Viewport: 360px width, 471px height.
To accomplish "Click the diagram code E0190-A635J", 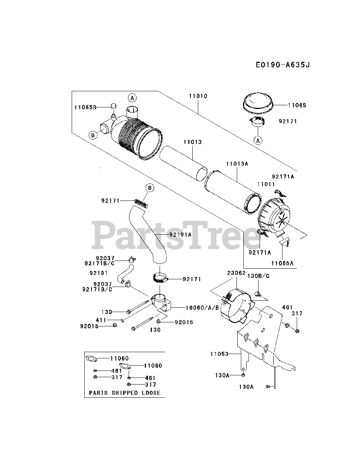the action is (x=283, y=65).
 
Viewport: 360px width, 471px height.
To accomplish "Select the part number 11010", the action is (x=198, y=96).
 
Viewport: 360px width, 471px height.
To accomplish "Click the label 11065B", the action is (x=85, y=107).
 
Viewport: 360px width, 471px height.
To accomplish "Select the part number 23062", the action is (x=236, y=273).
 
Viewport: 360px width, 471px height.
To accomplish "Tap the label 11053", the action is (x=219, y=354).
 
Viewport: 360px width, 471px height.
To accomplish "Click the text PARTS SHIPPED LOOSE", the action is (x=125, y=393).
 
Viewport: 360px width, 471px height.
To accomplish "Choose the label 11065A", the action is (x=282, y=263).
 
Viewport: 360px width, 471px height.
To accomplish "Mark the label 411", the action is (x=101, y=321).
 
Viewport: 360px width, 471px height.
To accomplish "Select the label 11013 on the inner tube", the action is (x=193, y=142).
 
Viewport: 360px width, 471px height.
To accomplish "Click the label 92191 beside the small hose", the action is (x=99, y=273).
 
